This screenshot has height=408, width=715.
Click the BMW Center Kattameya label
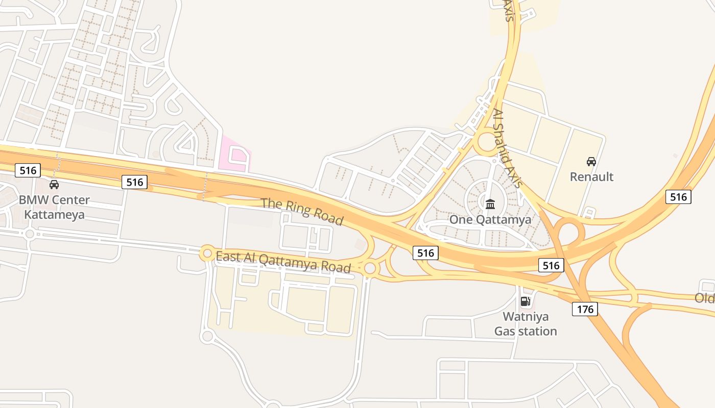click(54, 207)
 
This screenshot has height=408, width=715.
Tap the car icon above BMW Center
click(54, 185)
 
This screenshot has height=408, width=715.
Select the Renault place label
click(591, 177)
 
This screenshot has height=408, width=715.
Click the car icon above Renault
click(591, 162)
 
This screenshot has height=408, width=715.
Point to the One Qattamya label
click(490, 220)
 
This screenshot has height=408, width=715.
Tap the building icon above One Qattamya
click(490, 205)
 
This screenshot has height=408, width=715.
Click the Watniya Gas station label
click(526, 324)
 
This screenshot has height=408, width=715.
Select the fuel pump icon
click(525, 301)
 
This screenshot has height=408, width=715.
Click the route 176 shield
click(585, 309)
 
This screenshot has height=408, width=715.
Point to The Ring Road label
click(302, 211)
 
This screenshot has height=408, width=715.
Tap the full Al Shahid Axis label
click(507, 148)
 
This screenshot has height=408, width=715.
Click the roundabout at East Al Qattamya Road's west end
click(207, 252)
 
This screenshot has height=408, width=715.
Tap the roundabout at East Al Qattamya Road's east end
click(370, 268)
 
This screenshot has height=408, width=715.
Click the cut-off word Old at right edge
click(705, 298)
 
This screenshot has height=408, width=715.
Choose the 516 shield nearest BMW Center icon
click(28, 170)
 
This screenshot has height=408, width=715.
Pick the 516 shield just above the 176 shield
click(551, 265)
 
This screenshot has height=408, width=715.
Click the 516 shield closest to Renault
click(678, 196)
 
